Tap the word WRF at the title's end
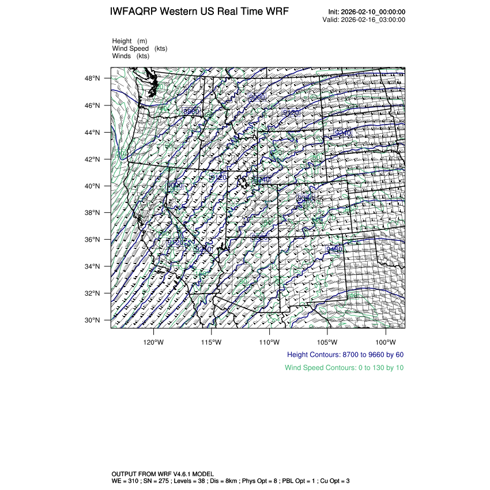(276, 12)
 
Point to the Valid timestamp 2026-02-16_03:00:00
(374, 20)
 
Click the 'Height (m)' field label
(130, 41)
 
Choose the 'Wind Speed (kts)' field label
(140, 48)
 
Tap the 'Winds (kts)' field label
(131, 56)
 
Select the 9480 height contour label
(334, 249)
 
